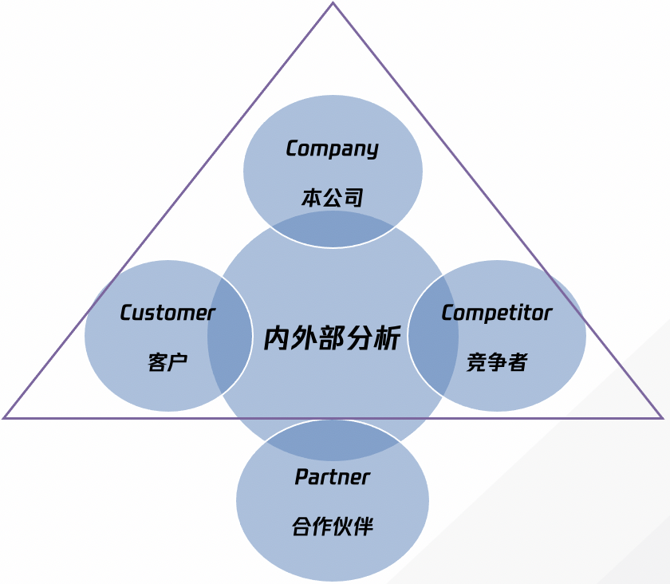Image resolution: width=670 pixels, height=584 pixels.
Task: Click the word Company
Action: pyautogui.click(x=332, y=149)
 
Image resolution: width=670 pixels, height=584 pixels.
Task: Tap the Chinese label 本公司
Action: pyautogui.click(x=332, y=198)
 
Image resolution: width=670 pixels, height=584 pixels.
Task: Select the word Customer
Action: pyautogui.click(x=167, y=314)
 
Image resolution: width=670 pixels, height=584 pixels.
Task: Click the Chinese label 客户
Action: pyautogui.click(x=167, y=362)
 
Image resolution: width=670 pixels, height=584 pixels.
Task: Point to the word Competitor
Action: pyautogui.click(x=496, y=313)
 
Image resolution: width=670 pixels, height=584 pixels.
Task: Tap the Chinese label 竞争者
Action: pyautogui.click(x=496, y=362)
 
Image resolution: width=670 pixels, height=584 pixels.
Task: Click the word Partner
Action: pyautogui.click(x=332, y=478)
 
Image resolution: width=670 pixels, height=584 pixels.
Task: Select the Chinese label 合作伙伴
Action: pyautogui.click(x=332, y=527)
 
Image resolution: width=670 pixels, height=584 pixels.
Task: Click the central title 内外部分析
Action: pyautogui.click(x=332, y=338)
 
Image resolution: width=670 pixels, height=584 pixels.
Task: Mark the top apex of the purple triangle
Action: pyautogui.click(x=333, y=4)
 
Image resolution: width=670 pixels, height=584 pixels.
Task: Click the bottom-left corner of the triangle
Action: pyautogui.click(x=5, y=417)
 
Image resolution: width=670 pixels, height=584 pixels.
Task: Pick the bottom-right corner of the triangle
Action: pyautogui.click(x=662, y=417)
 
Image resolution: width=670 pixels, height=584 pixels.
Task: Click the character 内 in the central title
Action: pyautogui.click(x=277, y=338)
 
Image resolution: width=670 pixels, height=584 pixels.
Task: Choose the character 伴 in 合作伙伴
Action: pyautogui.click(x=362, y=527)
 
